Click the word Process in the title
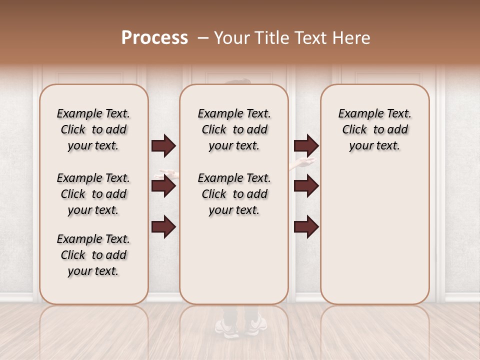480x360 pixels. tap(154, 38)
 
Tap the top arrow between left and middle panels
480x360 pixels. tap(163, 146)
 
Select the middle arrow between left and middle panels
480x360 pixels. tap(163, 186)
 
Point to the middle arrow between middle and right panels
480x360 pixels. tap(306, 186)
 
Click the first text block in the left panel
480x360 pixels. tap(93, 129)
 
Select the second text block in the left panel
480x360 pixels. tap(93, 194)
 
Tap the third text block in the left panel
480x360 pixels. tap(93, 255)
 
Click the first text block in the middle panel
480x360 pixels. tap(234, 129)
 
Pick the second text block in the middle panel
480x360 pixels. tap(234, 194)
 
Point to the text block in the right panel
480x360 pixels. tap(375, 129)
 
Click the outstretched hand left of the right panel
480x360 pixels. tap(303, 163)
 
